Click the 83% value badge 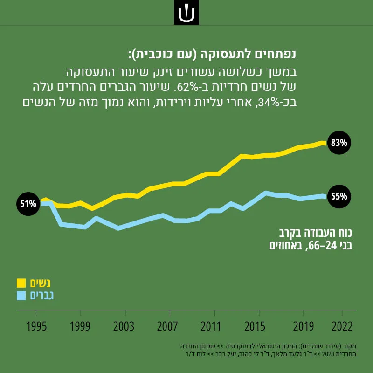coord(339,143)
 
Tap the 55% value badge coord(339,196)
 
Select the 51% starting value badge coord(28,204)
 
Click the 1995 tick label coord(36,326)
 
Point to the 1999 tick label coord(80,326)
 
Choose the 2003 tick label coord(124,326)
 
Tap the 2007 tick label coord(167,326)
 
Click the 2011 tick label coord(211,326)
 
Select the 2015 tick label coord(255,326)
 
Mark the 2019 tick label coord(304,326)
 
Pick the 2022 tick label coord(342,326)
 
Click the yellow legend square coord(21,283)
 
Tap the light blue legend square coord(21,296)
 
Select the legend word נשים coord(40,283)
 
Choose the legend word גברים coord(42,296)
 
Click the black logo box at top coord(186,13)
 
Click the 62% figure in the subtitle coord(186,88)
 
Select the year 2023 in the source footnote coord(327,354)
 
